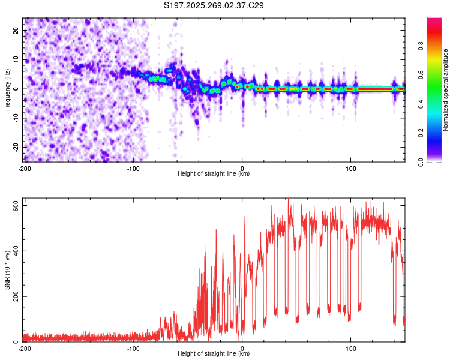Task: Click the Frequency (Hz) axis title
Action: coord(7,89)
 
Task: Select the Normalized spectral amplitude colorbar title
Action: coord(446,89)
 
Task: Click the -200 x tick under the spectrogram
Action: coord(25,169)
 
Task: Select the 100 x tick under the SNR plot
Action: coord(351,349)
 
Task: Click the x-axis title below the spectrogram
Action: coord(214,174)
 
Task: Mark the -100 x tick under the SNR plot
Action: coord(133,349)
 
